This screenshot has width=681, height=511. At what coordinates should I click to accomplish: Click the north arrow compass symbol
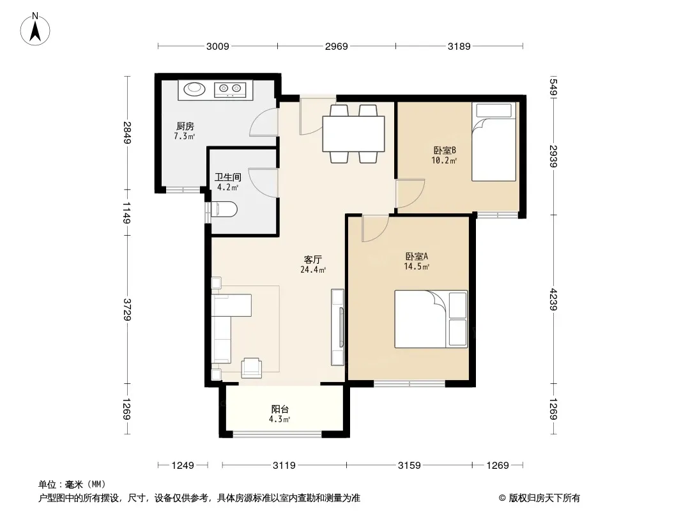pos(35,29)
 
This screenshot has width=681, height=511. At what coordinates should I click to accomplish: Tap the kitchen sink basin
pos(194,89)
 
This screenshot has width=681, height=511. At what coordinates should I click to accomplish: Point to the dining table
pos(353,133)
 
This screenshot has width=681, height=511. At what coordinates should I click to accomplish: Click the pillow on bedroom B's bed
pos(494,111)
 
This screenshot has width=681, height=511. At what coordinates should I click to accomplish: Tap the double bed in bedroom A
pos(431,319)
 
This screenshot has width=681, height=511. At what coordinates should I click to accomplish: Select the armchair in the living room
pos(252,368)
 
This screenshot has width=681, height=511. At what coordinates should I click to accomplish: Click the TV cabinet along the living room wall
pos(337,327)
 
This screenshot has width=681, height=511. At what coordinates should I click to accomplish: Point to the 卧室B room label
pos(444,150)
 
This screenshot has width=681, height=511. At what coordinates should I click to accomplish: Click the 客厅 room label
pos(312,259)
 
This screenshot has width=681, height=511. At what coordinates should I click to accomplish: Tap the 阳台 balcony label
pos(280,409)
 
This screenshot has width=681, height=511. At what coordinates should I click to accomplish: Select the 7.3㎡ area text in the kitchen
pos(184,136)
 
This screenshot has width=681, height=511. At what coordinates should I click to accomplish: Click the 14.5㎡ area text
pos(417,266)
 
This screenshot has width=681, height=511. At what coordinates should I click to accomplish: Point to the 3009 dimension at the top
pos(218,46)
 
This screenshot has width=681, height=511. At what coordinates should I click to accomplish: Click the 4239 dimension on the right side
pos(553,299)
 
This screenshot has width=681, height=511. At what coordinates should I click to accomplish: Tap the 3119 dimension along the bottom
pos(284,466)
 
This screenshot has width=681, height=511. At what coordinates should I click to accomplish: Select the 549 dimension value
pos(553,87)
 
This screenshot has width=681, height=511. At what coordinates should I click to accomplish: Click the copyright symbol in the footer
pos(502,498)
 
